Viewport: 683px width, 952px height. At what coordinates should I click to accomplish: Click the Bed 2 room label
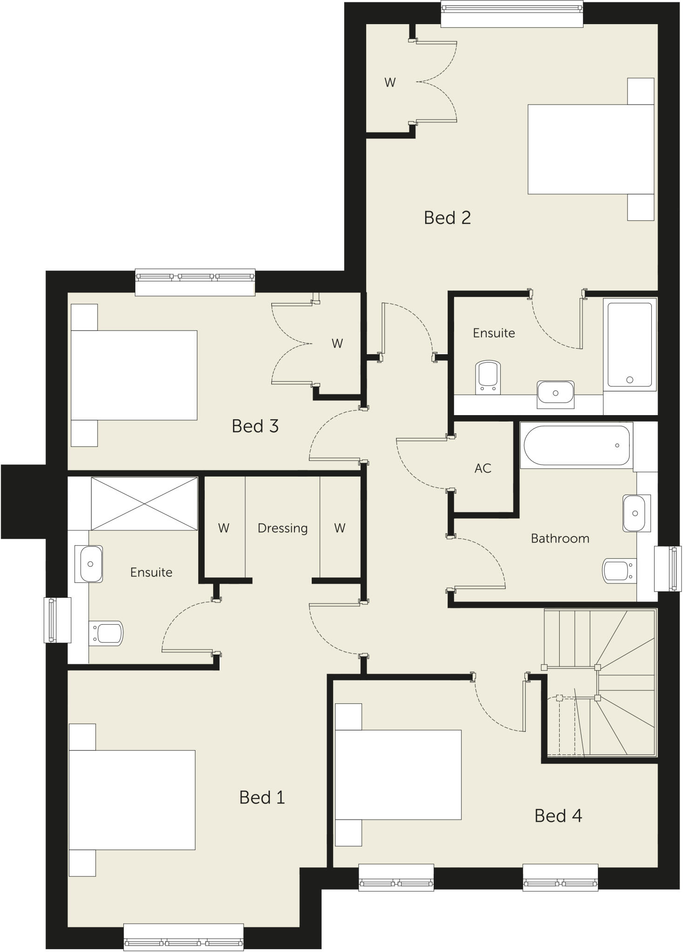click(x=447, y=218)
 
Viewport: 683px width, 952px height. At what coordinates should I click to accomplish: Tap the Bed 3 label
click(x=255, y=426)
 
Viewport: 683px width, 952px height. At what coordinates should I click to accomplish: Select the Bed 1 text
click(x=261, y=797)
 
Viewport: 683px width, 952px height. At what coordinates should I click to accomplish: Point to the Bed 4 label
click(x=558, y=815)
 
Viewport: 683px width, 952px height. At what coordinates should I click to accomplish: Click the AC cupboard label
click(x=483, y=468)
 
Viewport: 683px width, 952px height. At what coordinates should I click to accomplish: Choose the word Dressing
click(x=282, y=528)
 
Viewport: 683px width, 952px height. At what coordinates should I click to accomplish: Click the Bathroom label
click(x=560, y=538)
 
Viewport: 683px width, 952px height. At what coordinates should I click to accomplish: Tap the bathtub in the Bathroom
click(x=576, y=445)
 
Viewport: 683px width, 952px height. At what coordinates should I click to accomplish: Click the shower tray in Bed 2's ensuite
click(x=629, y=344)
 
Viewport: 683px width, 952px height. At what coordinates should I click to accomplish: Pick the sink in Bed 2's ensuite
click(x=555, y=393)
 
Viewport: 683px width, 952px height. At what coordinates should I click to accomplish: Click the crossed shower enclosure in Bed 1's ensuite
click(x=144, y=503)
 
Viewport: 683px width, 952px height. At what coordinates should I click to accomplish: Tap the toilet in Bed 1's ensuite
click(x=107, y=633)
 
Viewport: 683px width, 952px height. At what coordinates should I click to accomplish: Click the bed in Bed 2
click(x=591, y=149)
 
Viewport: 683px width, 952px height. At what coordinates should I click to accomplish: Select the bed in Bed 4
click(x=398, y=774)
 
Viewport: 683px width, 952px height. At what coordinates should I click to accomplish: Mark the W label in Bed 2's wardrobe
click(x=390, y=82)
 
